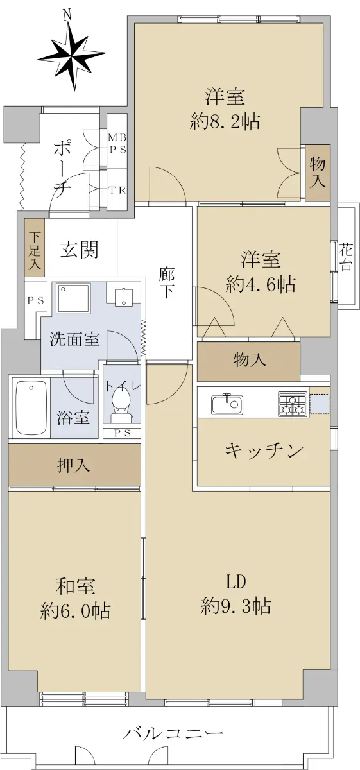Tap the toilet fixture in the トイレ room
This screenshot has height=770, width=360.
121,403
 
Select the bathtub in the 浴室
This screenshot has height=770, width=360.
31,407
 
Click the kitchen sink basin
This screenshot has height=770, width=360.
227,404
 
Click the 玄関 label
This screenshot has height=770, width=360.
80,250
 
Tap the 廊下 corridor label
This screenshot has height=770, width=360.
167,283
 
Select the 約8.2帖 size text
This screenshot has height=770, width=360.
225,121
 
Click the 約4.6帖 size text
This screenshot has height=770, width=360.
261,285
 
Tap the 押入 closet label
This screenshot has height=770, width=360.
74,465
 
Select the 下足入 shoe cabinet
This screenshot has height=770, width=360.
35,248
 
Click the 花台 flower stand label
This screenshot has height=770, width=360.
347,257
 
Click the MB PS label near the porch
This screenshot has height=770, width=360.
117,144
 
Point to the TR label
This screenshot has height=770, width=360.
117,190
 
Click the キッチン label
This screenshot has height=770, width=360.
264,450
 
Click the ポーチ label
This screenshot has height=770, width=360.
62,167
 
